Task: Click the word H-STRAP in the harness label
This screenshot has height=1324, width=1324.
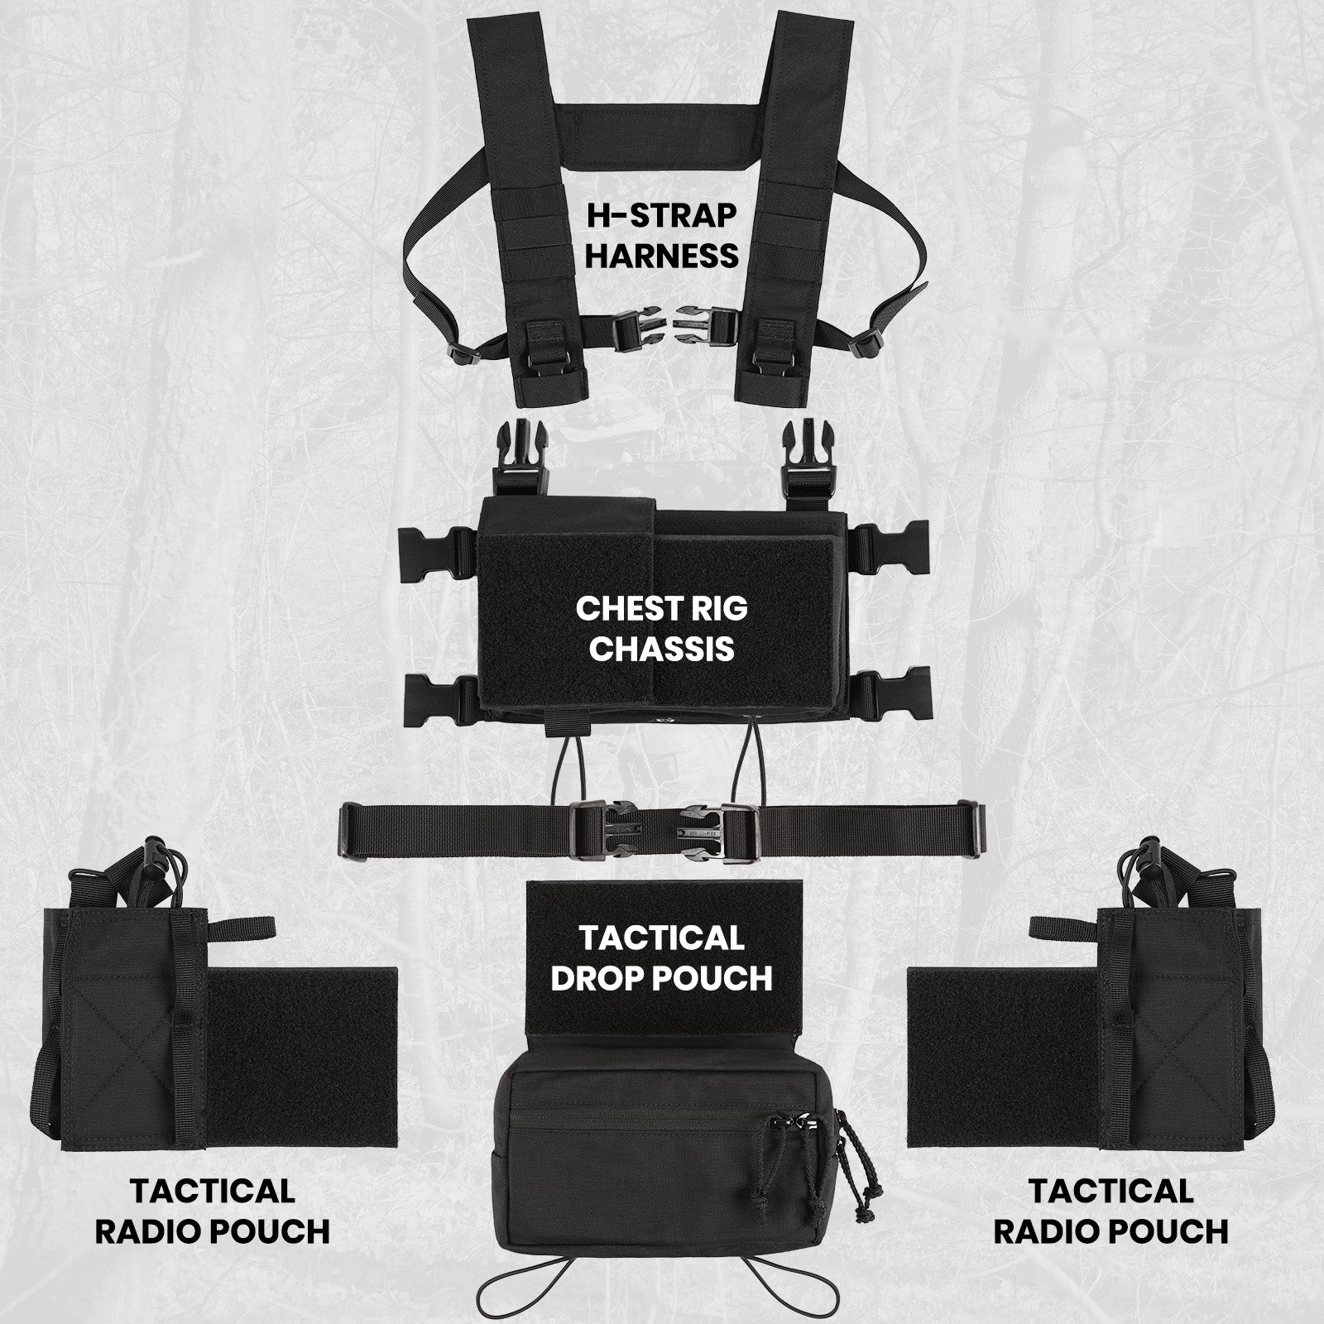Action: [661, 215]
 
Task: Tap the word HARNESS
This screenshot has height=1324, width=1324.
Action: [662, 256]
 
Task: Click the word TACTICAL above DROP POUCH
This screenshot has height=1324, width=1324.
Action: [661, 938]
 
